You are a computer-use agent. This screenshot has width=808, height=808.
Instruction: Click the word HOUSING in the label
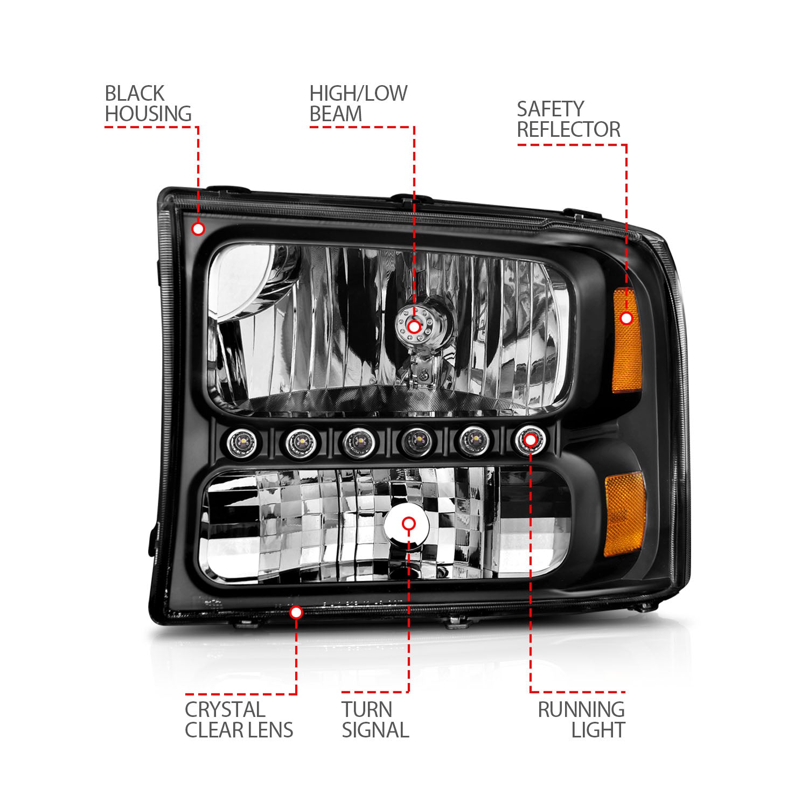[x=148, y=114]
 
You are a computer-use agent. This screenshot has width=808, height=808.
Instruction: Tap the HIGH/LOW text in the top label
[x=358, y=94]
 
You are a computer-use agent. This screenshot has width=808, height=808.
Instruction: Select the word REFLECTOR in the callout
[x=569, y=130]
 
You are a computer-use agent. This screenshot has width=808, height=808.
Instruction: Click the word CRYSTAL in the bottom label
[x=225, y=710]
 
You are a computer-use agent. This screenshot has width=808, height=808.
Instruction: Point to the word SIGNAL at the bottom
[x=375, y=730]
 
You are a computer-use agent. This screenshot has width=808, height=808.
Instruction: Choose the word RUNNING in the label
[x=581, y=710]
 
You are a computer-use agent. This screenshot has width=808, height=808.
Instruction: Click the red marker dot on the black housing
[x=198, y=229]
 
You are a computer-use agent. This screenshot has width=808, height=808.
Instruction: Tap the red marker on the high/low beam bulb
[x=414, y=326]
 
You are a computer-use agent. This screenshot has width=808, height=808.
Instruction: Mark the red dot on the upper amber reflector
[x=626, y=318]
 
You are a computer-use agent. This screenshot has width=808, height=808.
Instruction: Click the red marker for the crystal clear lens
[x=296, y=612]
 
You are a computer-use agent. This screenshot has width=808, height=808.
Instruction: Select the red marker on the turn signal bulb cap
[x=409, y=523]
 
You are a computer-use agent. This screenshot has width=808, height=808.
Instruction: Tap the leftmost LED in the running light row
[x=238, y=442]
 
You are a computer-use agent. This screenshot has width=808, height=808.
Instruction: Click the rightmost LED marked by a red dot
[x=530, y=440]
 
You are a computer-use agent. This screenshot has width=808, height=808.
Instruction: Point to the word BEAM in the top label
[x=336, y=114]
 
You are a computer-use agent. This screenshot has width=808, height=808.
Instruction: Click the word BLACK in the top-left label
[x=134, y=94]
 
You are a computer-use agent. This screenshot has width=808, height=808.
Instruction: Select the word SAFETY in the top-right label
[x=550, y=109]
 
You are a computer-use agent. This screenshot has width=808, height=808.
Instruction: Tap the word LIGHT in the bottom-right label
[x=598, y=730]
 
